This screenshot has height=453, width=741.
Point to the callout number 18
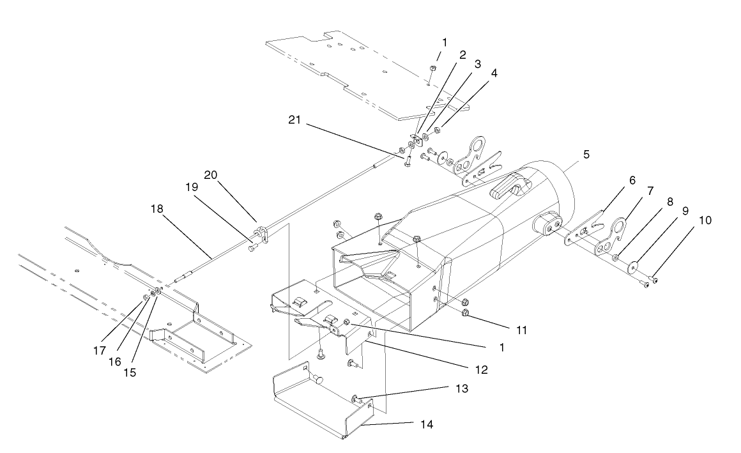(x=157, y=209)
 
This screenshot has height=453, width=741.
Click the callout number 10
(x=705, y=220)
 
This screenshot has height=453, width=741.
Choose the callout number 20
(x=211, y=174)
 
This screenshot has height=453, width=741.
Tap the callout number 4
(x=494, y=73)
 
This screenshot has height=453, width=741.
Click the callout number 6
(x=631, y=181)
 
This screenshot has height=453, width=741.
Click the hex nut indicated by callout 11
(x=466, y=313)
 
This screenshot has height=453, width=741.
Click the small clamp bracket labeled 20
(x=261, y=233)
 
